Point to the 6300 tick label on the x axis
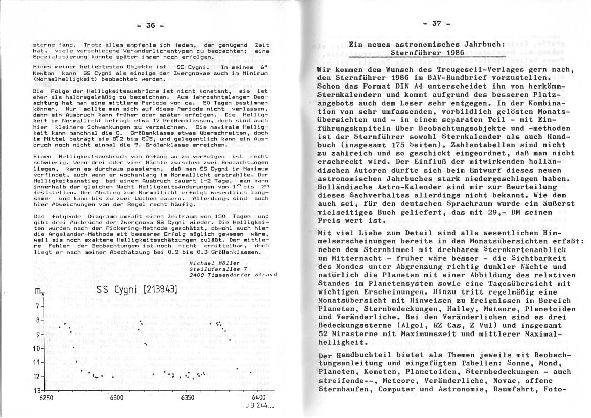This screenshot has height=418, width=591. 116,398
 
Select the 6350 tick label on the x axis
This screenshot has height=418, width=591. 188,398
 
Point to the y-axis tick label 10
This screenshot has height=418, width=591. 36,349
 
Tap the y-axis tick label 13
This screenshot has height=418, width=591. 36,391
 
